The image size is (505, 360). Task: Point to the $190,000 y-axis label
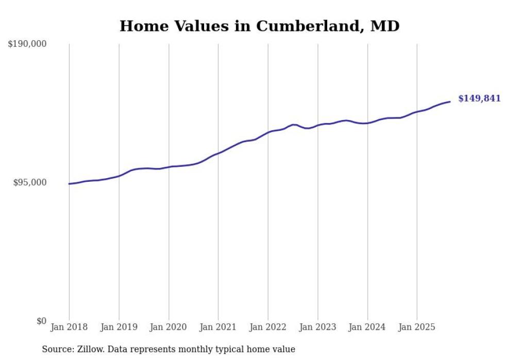click(27, 44)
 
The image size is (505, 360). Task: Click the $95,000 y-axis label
click(29, 182)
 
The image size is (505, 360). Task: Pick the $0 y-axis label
click(41, 321)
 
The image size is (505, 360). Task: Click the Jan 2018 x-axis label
click(69, 327)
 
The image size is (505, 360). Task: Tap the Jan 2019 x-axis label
click(119, 327)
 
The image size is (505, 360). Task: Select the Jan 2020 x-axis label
click(169, 327)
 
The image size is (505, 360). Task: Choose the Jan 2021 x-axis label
click(218, 327)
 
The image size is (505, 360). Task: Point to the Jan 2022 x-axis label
click(268, 327)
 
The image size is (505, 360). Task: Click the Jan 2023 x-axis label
click(317, 327)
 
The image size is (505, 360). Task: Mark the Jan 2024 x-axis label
click(367, 327)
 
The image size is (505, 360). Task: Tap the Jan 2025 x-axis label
click(417, 327)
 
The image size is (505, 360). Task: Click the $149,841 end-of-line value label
click(479, 98)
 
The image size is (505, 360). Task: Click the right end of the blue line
click(450, 101)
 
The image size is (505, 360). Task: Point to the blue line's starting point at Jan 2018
click(70, 184)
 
